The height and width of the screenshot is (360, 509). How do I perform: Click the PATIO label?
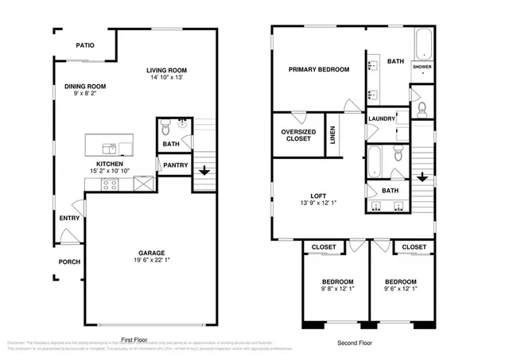click(x=85, y=45)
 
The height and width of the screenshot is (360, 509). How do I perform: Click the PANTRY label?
click(x=175, y=165)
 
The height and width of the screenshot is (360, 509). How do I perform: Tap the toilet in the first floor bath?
click(x=165, y=126)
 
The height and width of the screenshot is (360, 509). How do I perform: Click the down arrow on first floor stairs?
click(x=204, y=170)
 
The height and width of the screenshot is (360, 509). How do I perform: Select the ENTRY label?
click(x=68, y=218)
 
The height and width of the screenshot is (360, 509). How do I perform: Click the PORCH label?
click(x=69, y=261)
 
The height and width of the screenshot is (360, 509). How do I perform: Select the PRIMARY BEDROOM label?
click(x=318, y=70)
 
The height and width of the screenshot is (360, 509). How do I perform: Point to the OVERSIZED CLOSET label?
click(x=298, y=135)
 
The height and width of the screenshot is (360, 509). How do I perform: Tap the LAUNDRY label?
click(x=381, y=118)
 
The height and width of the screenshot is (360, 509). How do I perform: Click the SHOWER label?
click(x=422, y=68)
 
